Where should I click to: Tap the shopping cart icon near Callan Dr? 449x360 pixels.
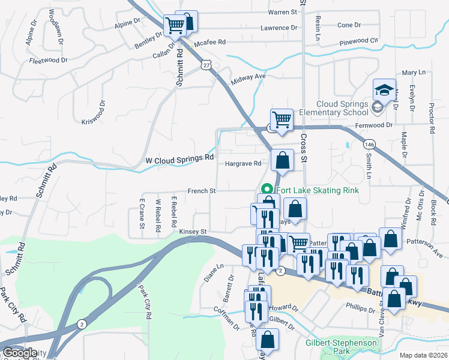[x=175, y=26]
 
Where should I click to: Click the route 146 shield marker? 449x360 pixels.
[x=369, y=144]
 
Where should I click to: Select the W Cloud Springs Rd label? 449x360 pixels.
[x=180, y=159]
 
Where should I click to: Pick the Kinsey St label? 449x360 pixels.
[x=192, y=231]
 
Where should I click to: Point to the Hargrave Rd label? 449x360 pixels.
[x=243, y=163]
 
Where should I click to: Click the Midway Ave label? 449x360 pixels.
[x=247, y=77]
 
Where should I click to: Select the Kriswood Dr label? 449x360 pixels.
[x=93, y=113]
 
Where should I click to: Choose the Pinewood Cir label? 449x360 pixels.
[x=359, y=42]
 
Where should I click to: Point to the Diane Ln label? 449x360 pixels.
[x=214, y=273]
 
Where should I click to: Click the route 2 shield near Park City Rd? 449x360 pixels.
[x=82, y=324]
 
